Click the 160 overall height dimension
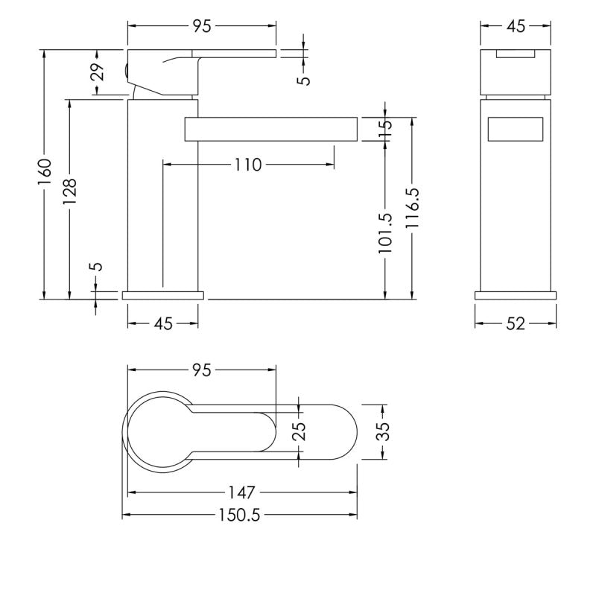point(45,172)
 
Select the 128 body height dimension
point(70,191)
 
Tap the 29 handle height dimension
point(98,72)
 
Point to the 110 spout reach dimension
point(248,165)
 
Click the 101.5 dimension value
point(384,233)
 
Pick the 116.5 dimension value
point(412,208)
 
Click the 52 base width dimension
point(516,324)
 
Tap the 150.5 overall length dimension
point(239,515)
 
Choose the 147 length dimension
point(241,493)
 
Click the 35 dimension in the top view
point(384,432)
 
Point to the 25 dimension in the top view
point(300,431)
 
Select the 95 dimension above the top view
point(201,370)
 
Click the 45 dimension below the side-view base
point(163,324)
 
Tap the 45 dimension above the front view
point(516,26)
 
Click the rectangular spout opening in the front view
point(515,129)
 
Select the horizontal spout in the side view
point(271,129)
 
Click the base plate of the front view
point(516,295)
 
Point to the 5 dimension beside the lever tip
point(304,80)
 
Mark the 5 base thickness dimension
point(98,266)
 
